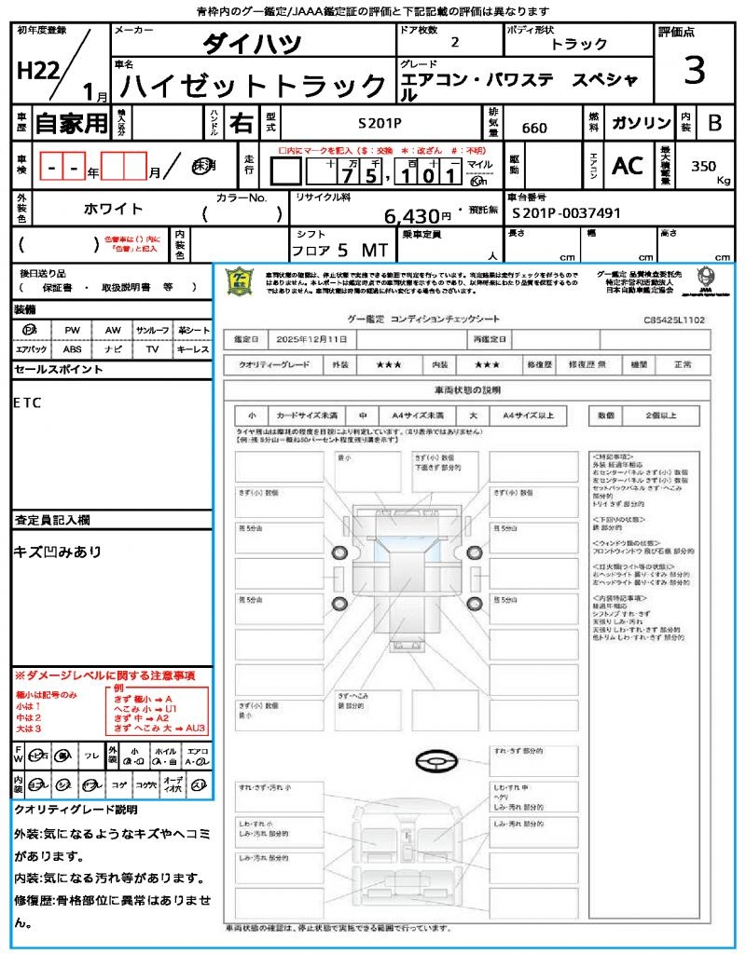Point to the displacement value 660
click(x=534, y=128)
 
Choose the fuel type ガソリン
click(x=641, y=123)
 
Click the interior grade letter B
click(x=715, y=123)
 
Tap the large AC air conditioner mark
click(x=628, y=166)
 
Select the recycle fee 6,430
click(x=418, y=216)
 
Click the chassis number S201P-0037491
click(x=566, y=213)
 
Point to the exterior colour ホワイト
click(x=115, y=209)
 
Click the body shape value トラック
click(x=578, y=44)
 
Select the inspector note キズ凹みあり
click(x=58, y=552)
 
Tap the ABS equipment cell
click(x=72, y=349)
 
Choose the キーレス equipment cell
click(x=193, y=349)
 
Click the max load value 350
click(x=704, y=166)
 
